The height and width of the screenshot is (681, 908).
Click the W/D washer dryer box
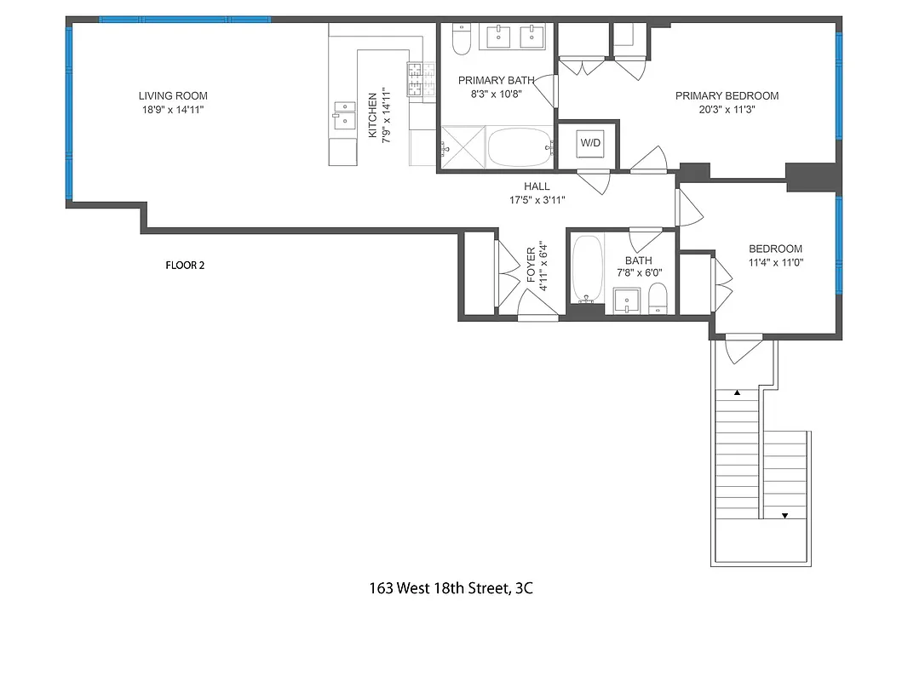coord(590,143)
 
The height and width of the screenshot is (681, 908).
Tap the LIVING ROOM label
coord(174,96)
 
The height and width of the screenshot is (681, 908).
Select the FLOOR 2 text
coord(185,265)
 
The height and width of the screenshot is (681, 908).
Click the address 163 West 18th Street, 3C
coord(451,587)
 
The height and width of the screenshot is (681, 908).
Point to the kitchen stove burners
coord(416,79)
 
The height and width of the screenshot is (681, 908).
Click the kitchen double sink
coord(344,115)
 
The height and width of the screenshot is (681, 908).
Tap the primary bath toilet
coord(461,40)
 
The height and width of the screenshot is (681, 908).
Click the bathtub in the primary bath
coord(520,147)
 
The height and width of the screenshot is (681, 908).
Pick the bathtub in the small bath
coord(588,268)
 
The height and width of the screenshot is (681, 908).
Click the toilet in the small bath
coord(658,297)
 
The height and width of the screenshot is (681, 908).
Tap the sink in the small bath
coord(628,300)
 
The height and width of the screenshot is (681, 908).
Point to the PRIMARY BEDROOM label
coord(727,96)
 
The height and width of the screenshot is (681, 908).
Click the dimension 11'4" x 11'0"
coord(774,263)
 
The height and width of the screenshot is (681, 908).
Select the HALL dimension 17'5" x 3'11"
coord(537,199)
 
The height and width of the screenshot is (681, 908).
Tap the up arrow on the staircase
coord(738,393)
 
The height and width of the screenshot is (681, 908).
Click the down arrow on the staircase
coord(785,515)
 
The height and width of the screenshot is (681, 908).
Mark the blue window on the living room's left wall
coord(68,111)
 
